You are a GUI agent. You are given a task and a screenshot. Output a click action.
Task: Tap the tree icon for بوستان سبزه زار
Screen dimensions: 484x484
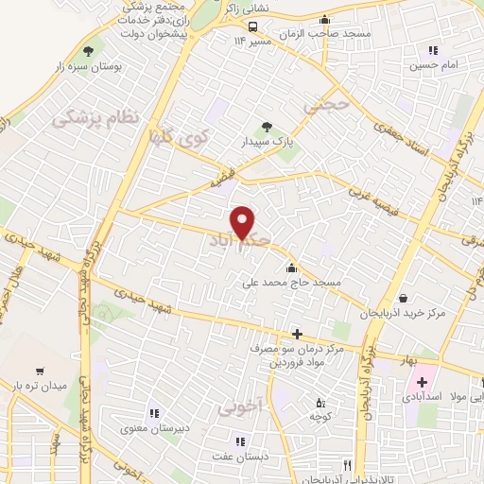pos(89,51)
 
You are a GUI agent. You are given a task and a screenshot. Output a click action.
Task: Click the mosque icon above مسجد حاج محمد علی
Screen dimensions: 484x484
pos(290,267)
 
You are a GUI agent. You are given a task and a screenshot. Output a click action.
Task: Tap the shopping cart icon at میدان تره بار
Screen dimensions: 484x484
pos(40,371)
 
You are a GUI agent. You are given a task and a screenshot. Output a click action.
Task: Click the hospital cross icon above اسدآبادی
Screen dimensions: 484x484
pos(423,383)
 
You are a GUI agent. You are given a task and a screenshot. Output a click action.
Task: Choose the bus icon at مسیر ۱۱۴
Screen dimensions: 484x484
pos(252,26)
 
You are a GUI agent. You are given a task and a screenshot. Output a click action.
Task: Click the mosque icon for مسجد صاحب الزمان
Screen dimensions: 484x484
pos(326,20)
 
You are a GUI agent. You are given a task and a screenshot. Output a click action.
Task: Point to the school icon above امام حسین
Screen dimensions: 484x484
pos(433,51)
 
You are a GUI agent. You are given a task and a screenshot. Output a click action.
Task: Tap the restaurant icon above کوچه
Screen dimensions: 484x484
pos(312,401)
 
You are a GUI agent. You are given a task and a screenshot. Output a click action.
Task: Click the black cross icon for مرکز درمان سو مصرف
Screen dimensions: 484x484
pos(297,333)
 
